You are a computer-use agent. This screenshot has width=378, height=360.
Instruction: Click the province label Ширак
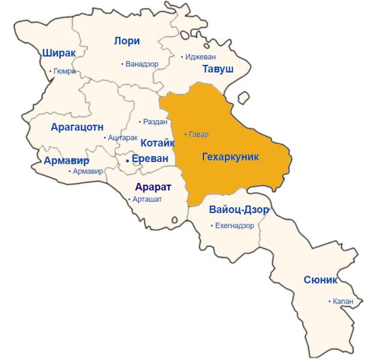point(59,53)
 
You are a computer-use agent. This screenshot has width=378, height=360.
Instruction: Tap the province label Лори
point(127,41)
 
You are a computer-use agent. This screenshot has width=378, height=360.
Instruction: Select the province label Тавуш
point(218,69)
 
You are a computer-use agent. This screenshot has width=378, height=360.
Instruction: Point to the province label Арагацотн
point(77,127)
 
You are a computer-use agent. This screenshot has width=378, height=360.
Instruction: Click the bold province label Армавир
point(66,161)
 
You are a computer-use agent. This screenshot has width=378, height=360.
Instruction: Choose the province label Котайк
point(157,143)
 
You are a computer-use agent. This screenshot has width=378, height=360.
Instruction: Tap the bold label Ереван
point(150,159)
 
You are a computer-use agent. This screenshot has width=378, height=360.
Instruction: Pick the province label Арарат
point(153,187)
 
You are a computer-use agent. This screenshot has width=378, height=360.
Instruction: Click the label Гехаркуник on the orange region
point(230,157)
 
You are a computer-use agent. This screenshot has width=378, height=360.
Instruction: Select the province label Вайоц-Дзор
point(239,210)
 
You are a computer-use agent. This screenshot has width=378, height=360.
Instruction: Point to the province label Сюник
point(320,280)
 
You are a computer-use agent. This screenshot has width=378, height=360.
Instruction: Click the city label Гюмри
point(64,71)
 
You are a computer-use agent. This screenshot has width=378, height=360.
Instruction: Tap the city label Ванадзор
point(142,64)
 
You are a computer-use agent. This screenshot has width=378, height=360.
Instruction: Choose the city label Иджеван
point(200,57)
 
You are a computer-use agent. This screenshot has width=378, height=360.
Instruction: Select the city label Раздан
point(155,122)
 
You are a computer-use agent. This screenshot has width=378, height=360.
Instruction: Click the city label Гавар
point(199,134)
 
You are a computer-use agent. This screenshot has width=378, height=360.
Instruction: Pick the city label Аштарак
point(123,138)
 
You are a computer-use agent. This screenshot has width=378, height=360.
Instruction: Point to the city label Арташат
point(147,199)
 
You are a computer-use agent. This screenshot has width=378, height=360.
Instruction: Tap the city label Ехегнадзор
point(234,226)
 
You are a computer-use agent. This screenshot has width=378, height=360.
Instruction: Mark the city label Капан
point(343,301)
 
